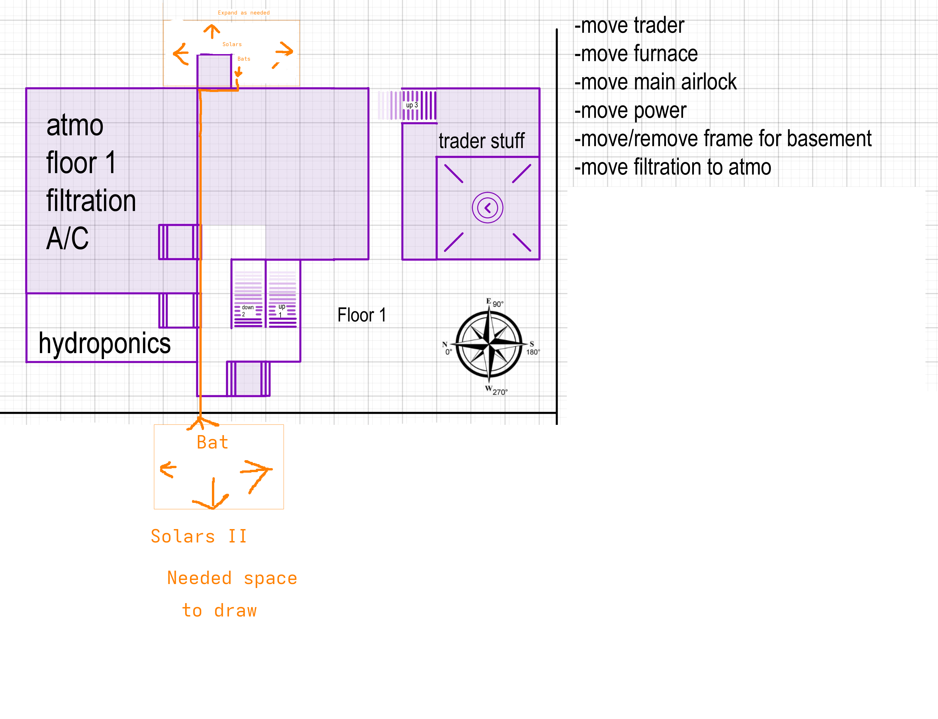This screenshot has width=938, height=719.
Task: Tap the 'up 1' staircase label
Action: tap(281, 310)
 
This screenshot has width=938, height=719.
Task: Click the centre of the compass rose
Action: tap(489, 344)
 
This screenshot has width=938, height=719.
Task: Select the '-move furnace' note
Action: tap(636, 54)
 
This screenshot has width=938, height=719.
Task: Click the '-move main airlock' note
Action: tap(655, 82)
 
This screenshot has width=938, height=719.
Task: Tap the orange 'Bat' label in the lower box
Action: tap(212, 442)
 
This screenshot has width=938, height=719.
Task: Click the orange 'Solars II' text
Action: tap(199, 536)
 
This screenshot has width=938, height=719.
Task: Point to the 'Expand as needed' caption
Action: tap(244, 13)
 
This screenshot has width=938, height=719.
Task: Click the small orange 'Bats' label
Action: tap(244, 59)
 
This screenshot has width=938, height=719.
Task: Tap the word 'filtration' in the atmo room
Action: tap(91, 201)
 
